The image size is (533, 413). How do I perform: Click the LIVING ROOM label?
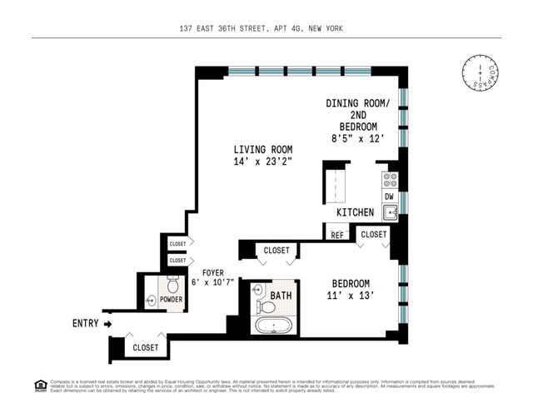pos(262,156)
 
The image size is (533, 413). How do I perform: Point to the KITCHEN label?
pos(355,213)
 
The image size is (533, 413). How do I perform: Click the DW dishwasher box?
pos(389,197)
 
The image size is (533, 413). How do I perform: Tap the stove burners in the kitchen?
pos(389,179)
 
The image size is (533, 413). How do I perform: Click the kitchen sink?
pos(389,212)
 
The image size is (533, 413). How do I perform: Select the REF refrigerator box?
pos(336,235)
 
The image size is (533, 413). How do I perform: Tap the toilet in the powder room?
pos(173,287)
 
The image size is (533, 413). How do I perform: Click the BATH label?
pos(281,295)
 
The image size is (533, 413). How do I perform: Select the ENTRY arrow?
pos(108,323)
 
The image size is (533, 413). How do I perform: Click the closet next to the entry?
pos(146,347)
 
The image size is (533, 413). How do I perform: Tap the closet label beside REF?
pos(374,235)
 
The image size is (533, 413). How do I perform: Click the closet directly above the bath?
pos(276,250)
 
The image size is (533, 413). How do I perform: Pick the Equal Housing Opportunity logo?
pos(40,385)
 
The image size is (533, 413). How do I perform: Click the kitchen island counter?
pos(335,185)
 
